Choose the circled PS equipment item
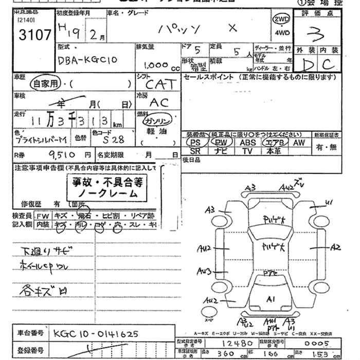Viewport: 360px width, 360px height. click(195, 142)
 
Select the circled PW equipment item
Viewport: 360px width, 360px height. click(221, 142)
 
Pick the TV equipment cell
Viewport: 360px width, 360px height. click(247, 151)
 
